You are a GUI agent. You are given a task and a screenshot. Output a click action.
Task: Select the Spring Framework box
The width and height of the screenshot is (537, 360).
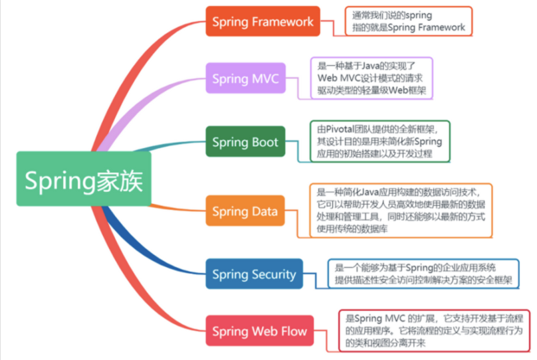coord(263,21)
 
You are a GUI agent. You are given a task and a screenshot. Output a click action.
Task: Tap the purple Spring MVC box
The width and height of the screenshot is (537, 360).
coord(245,78)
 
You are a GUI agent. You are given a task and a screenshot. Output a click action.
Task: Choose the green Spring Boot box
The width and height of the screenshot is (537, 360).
coord(245,142)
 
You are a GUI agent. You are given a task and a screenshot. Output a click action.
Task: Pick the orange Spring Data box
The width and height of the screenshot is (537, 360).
coord(245,211)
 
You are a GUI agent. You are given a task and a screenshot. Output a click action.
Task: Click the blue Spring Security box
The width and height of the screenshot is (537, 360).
coord(254,274)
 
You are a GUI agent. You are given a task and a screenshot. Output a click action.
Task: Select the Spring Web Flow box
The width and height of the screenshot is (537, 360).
coord(259,330)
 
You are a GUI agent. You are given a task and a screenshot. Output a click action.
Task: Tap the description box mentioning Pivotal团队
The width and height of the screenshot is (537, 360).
coord(379,141)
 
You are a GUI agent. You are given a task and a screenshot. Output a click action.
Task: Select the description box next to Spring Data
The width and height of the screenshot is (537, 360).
coord(401,211)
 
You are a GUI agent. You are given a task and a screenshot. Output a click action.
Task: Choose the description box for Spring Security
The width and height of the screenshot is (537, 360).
coord(423,274)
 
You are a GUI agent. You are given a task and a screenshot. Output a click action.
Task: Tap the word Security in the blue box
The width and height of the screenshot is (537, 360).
coord(273,274)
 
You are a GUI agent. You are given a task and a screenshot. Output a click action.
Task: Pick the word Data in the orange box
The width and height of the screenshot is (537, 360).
coord(263,212)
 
